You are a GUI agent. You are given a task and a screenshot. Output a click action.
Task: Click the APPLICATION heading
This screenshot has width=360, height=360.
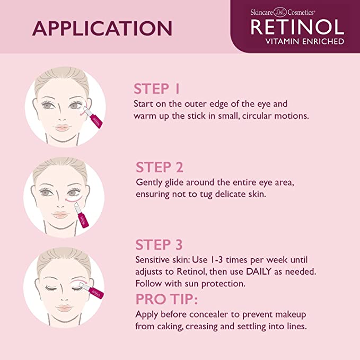pyautogui.click(x=102, y=29)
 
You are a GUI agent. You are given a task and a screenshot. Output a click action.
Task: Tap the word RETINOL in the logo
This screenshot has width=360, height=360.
pyautogui.click(x=297, y=27)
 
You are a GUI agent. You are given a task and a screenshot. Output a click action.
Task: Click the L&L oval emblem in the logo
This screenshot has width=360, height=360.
pyautogui.click(x=280, y=12)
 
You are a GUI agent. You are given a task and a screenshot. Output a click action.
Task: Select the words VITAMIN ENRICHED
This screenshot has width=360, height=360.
pyautogui.click(x=305, y=41)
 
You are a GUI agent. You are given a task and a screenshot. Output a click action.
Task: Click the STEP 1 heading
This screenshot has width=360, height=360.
pyautogui.click(x=156, y=89)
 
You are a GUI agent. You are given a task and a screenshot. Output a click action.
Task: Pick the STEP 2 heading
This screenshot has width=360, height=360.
pyautogui.click(x=160, y=167)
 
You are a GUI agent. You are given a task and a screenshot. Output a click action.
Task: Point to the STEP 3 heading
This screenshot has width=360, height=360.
pyautogui.click(x=159, y=245)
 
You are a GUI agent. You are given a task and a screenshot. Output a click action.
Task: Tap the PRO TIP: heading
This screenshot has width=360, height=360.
pyautogui.click(x=166, y=299)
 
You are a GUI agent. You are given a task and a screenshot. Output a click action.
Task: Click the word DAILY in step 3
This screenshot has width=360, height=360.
pyautogui.click(x=259, y=271)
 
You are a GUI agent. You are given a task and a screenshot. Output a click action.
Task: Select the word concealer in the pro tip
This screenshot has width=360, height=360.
pyautogui.click(x=209, y=314)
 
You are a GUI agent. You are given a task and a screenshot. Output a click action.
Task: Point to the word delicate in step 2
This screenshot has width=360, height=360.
pyautogui.click(x=230, y=194)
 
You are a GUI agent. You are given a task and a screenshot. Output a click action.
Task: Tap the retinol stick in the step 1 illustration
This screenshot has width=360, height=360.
pyautogui.click(x=93, y=117)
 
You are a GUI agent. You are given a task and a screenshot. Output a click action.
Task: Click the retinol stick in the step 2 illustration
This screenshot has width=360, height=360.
pyautogui.click(x=81, y=215)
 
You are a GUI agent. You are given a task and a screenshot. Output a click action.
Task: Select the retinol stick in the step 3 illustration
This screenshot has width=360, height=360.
pyautogui.click(x=91, y=290)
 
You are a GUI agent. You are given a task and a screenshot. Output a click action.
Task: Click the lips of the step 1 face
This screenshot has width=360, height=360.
pyautogui.click(x=62, y=127)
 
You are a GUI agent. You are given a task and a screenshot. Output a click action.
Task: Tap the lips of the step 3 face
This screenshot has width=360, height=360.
pyautogui.click(x=64, y=308)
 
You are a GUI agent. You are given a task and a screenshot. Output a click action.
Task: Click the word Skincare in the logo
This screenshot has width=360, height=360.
pyautogui.click(x=261, y=12)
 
